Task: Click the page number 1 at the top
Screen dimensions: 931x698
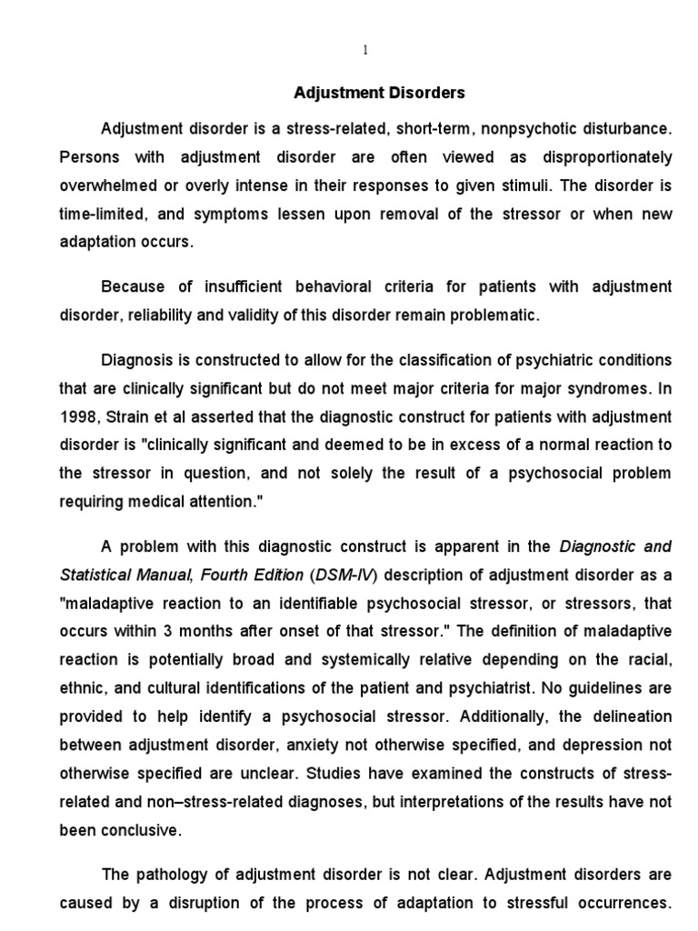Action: [365, 51]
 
